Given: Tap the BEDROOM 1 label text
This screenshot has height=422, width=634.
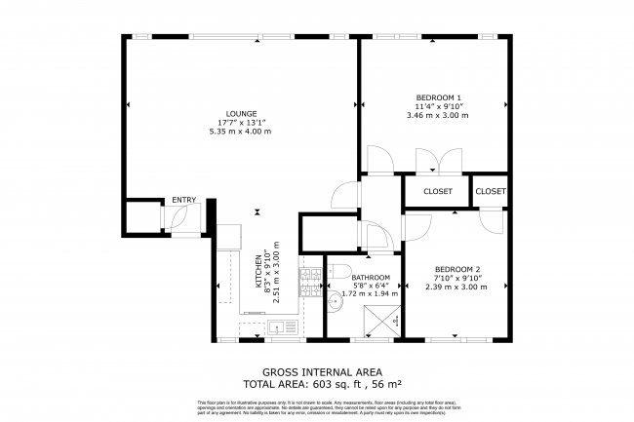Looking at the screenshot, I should [x=438, y=97].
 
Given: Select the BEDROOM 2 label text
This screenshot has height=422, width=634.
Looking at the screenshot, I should [x=458, y=269].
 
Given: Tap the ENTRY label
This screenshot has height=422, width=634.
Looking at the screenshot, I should [x=184, y=201].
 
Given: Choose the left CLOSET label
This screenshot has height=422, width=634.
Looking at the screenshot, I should [x=438, y=191].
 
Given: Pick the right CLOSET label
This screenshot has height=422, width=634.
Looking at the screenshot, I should [x=491, y=191].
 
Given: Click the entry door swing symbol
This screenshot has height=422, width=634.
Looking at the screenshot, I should [x=183, y=220].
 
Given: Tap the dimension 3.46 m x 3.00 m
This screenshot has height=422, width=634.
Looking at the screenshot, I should [x=438, y=116].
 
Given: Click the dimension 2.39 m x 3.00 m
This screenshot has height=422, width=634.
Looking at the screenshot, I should [x=458, y=288].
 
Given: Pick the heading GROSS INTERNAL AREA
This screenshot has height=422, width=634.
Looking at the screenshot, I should [x=322, y=372].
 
